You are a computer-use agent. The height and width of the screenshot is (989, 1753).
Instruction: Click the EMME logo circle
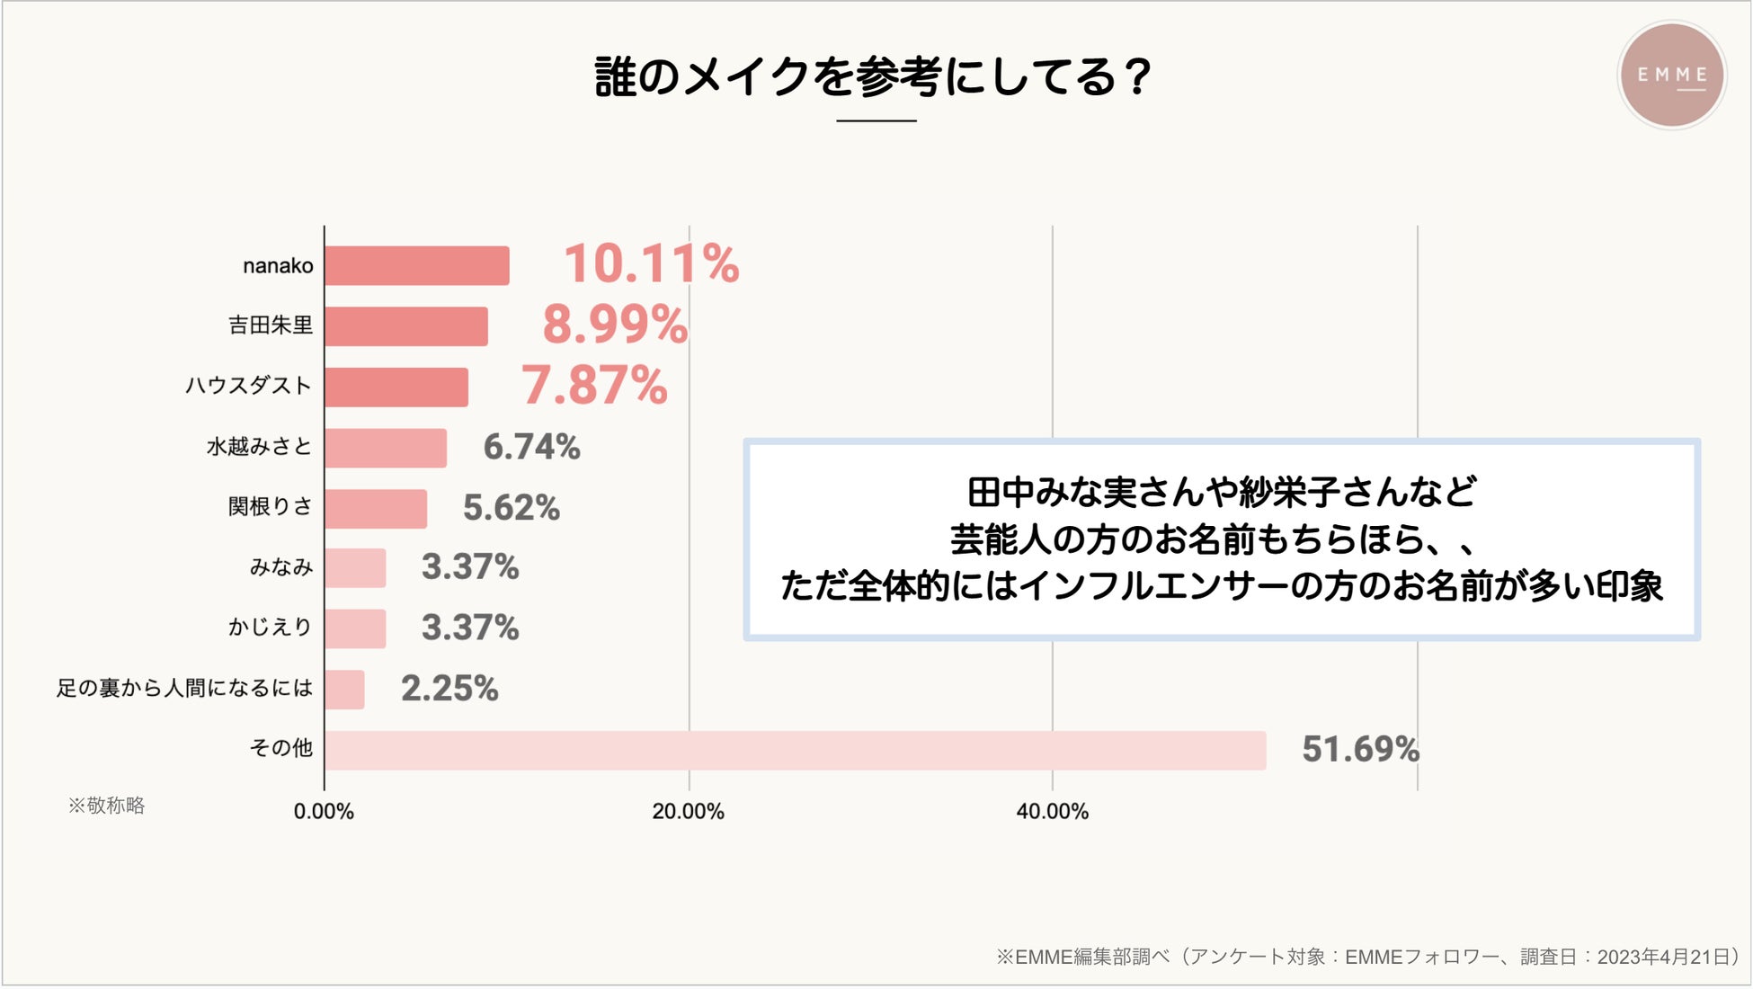(1671, 76)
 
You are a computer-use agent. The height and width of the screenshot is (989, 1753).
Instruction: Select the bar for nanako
(416, 266)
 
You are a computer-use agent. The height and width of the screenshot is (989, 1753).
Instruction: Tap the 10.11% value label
(651, 264)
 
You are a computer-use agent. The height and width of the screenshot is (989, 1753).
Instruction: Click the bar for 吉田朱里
(405, 326)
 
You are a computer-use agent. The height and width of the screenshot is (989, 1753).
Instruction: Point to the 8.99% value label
(615, 325)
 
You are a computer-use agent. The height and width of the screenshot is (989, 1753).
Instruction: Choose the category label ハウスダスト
(248, 386)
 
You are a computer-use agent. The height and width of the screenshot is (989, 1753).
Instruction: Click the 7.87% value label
(594, 386)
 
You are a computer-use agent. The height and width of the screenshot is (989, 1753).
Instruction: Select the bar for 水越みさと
(385, 448)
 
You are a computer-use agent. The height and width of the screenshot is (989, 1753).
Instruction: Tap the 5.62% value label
(511, 508)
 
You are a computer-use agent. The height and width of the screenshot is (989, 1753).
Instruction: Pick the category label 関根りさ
(270, 507)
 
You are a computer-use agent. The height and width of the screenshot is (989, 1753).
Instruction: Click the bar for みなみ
(355, 568)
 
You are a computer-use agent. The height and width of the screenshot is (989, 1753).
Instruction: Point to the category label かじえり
(270, 627)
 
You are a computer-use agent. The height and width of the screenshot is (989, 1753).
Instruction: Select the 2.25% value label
(449, 689)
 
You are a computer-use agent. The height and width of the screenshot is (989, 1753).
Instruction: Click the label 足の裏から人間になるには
(184, 689)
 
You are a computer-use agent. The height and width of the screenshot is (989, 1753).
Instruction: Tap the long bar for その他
(795, 751)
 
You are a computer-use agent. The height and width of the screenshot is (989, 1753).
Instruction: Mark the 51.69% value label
(1360, 750)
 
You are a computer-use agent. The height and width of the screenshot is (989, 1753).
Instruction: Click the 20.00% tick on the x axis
(688, 812)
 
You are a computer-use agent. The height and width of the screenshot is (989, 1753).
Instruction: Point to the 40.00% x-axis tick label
(1052, 812)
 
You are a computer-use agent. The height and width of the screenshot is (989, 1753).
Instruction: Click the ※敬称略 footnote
(106, 806)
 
